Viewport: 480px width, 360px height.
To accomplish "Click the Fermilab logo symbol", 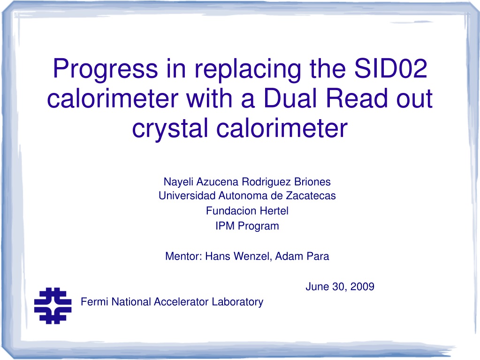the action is tap(53, 306).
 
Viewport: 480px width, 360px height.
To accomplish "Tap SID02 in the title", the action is tap(390, 68).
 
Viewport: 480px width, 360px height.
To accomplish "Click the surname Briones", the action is tap(312, 182).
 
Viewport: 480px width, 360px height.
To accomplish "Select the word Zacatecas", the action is tap(311, 196).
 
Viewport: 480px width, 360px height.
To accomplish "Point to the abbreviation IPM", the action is tap(225, 226).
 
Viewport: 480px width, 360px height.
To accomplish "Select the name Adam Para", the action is tap(302, 256).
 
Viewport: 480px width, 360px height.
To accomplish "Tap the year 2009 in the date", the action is tap(362, 286).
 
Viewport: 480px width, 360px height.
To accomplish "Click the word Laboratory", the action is tap(237, 302).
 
